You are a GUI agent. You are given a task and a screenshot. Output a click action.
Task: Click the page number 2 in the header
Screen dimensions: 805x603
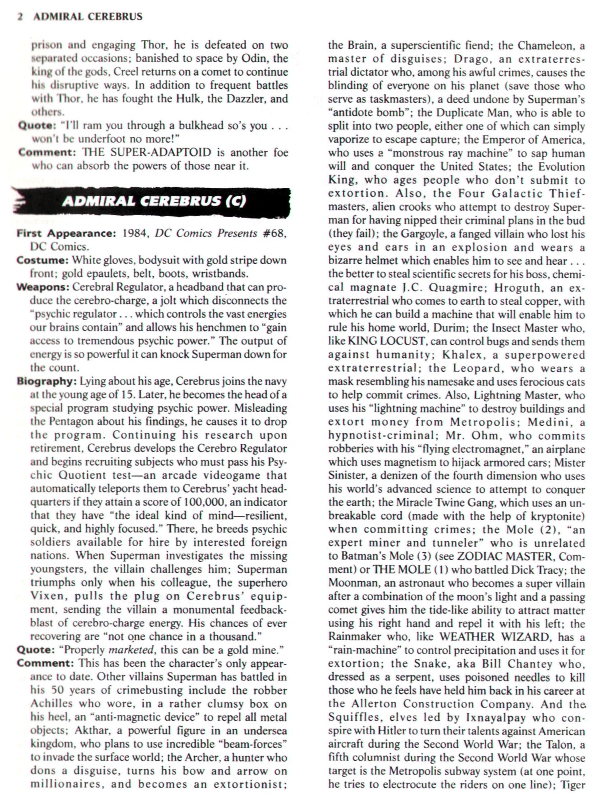(20, 17)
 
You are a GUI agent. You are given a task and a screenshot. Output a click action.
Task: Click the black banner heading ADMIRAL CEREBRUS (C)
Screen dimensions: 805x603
(154, 201)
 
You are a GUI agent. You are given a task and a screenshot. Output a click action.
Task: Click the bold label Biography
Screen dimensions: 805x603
(46, 381)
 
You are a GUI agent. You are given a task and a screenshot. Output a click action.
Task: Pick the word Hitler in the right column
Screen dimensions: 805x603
(393, 731)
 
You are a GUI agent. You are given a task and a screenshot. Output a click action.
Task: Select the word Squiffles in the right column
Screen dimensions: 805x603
(352, 718)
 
